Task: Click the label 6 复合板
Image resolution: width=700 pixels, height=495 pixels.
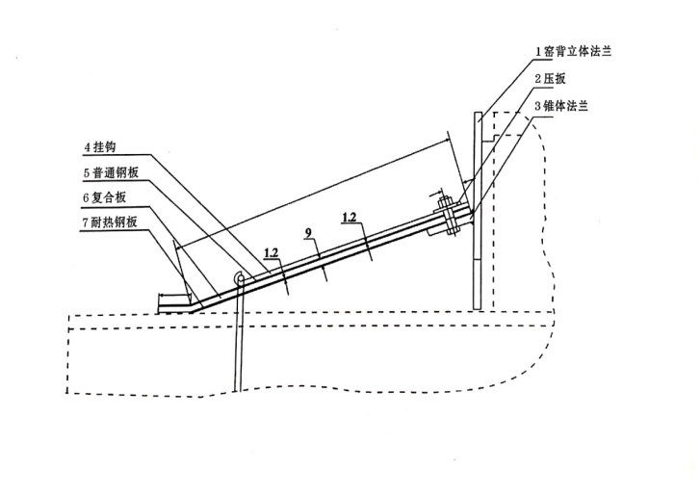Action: pyautogui.click(x=111, y=197)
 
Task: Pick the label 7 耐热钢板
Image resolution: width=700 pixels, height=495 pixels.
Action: pyautogui.click(x=116, y=221)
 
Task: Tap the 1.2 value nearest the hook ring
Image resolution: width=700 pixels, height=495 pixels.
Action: pyautogui.click(x=272, y=253)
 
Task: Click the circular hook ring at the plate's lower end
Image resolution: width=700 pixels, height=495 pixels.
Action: pyautogui.click(x=236, y=279)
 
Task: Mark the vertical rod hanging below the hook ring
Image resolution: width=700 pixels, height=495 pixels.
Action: pyautogui.click(x=236, y=337)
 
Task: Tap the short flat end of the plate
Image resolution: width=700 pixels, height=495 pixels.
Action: pyautogui.click(x=174, y=309)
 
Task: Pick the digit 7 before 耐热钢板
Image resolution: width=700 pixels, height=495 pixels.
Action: pyautogui.click(x=85, y=221)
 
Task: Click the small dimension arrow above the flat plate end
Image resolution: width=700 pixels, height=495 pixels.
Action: pyautogui.click(x=173, y=295)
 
